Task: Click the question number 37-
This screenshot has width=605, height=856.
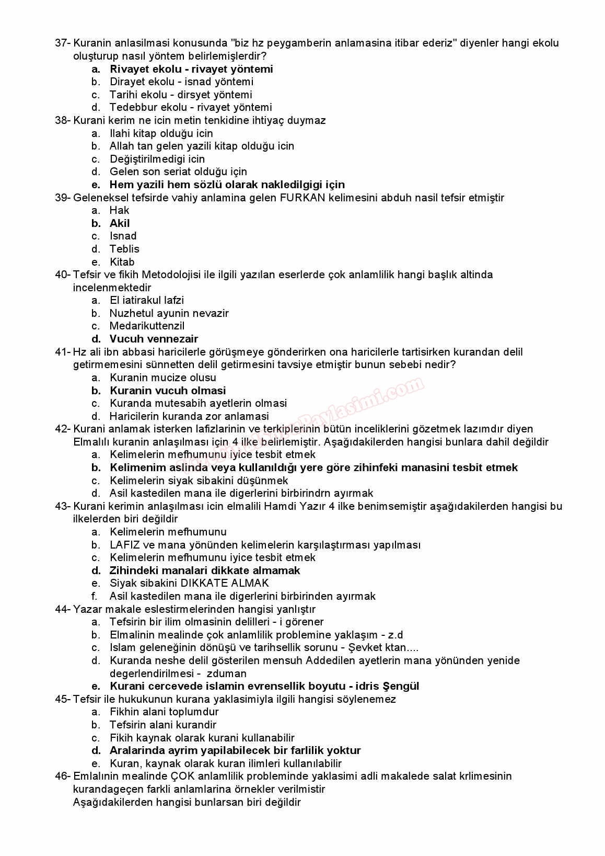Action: pos(63,43)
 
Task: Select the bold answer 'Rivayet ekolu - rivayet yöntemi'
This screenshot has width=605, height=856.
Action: pos(191,69)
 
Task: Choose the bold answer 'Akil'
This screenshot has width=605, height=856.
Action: pos(120,223)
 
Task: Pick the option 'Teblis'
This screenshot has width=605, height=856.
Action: pos(124,249)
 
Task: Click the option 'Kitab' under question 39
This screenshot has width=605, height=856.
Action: pos(122,262)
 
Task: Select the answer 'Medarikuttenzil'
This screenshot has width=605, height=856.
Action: pos(147,326)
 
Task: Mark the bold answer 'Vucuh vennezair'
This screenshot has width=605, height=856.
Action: pos(154,339)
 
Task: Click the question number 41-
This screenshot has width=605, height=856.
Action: pos(63,352)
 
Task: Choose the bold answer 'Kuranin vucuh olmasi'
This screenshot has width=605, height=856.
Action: pos(168,391)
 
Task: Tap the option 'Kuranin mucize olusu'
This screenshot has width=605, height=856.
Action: pos(162,378)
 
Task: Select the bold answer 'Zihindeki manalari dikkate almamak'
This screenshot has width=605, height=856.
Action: pos(205,570)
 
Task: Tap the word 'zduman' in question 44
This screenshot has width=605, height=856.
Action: pos(226,674)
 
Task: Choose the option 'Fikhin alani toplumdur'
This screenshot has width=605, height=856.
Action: pos(164,712)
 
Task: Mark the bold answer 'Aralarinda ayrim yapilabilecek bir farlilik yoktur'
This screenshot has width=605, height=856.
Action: pos(235,750)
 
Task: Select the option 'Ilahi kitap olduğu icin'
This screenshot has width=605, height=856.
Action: pos(161,133)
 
